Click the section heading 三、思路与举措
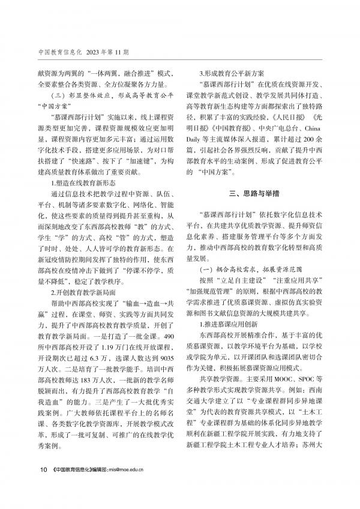(x=256, y=193)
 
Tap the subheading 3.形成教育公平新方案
(x=232, y=69)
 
